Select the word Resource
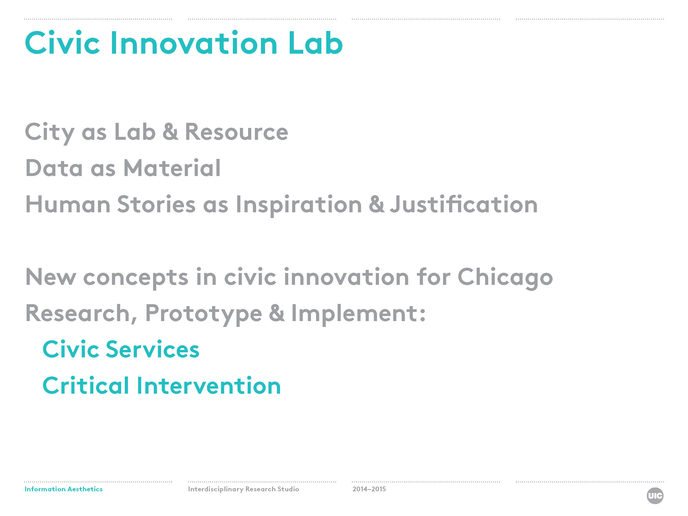pyautogui.click(x=236, y=132)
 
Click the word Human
pyautogui.click(x=68, y=204)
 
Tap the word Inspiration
pyautogui.click(x=299, y=205)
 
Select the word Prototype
pyautogui.click(x=203, y=314)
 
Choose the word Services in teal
pyautogui.click(x=152, y=349)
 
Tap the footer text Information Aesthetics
pyautogui.click(x=63, y=489)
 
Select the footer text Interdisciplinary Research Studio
pyautogui.click(x=243, y=489)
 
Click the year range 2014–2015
pyautogui.click(x=369, y=489)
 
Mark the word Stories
pyautogui.click(x=156, y=204)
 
